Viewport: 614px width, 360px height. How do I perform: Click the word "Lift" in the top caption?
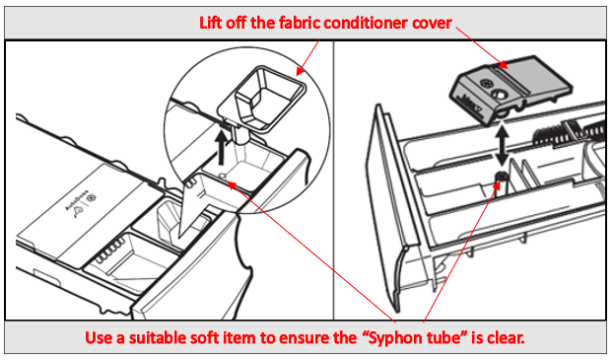click(x=211, y=23)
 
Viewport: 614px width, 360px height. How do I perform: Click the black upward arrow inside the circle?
click(x=222, y=148)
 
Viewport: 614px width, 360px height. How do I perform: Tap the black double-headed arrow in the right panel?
click(x=502, y=145)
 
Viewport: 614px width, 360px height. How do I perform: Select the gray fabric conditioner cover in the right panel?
click(x=512, y=89)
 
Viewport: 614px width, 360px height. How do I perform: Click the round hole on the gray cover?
click(x=499, y=95)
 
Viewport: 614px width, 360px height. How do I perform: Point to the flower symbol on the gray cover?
click(x=486, y=84)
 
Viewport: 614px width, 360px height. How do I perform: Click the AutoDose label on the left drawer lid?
click(x=76, y=200)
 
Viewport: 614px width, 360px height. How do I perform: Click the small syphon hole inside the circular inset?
click(x=222, y=176)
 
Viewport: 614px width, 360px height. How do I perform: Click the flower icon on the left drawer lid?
click(x=92, y=198)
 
